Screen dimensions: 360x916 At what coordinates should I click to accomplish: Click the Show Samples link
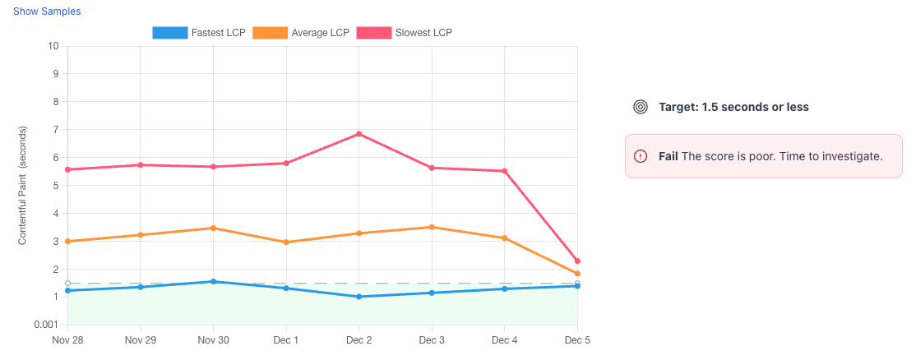click(x=47, y=12)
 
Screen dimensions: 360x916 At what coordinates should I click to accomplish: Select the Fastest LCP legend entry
click(x=199, y=33)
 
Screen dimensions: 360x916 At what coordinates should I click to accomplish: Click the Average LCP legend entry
click(x=300, y=33)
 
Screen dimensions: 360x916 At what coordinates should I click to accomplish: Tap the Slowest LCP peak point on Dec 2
click(x=359, y=134)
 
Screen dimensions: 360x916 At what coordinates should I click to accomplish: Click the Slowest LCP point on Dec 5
click(x=577, y=261)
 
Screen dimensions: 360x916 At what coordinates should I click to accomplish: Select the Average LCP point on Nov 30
click(x=213, y=228)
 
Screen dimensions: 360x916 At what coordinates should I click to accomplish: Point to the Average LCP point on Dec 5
click(x=577, y=274)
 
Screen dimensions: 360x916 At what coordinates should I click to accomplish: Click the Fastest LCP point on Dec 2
click(x=359, y=297)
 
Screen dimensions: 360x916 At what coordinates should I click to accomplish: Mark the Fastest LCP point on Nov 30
click(x=213, y=281)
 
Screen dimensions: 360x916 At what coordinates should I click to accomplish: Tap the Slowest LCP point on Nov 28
click(x=67, y=169)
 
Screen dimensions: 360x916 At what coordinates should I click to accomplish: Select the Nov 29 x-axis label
click(x=140, y=339)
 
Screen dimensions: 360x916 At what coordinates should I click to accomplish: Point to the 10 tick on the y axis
click(x=53, y=46)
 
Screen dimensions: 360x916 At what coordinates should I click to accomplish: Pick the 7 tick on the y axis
click(x=55, y=130)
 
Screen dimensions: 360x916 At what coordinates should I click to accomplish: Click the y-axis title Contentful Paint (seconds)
click(x=23, y=186)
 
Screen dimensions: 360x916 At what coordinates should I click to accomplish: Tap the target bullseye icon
click(x=641, y=107)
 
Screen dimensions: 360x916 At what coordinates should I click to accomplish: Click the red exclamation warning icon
click(x=641, y=156)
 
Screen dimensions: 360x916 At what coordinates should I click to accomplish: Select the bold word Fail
click(x=668, y=156)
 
